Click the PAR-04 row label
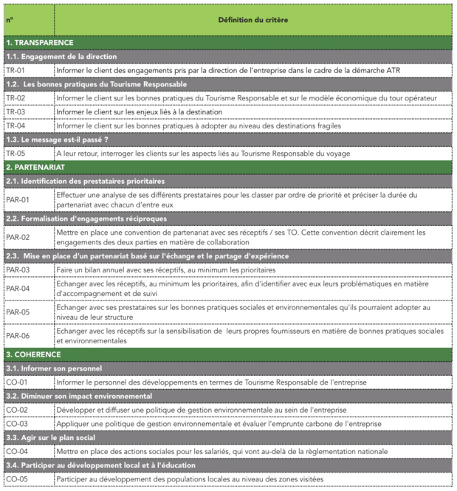18,288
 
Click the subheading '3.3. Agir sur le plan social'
52,438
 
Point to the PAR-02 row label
18,237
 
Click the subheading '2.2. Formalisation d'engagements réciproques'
86,219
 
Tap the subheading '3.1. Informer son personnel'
53,368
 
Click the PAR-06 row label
18,336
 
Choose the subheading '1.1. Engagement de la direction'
61,56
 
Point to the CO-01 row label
16,382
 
